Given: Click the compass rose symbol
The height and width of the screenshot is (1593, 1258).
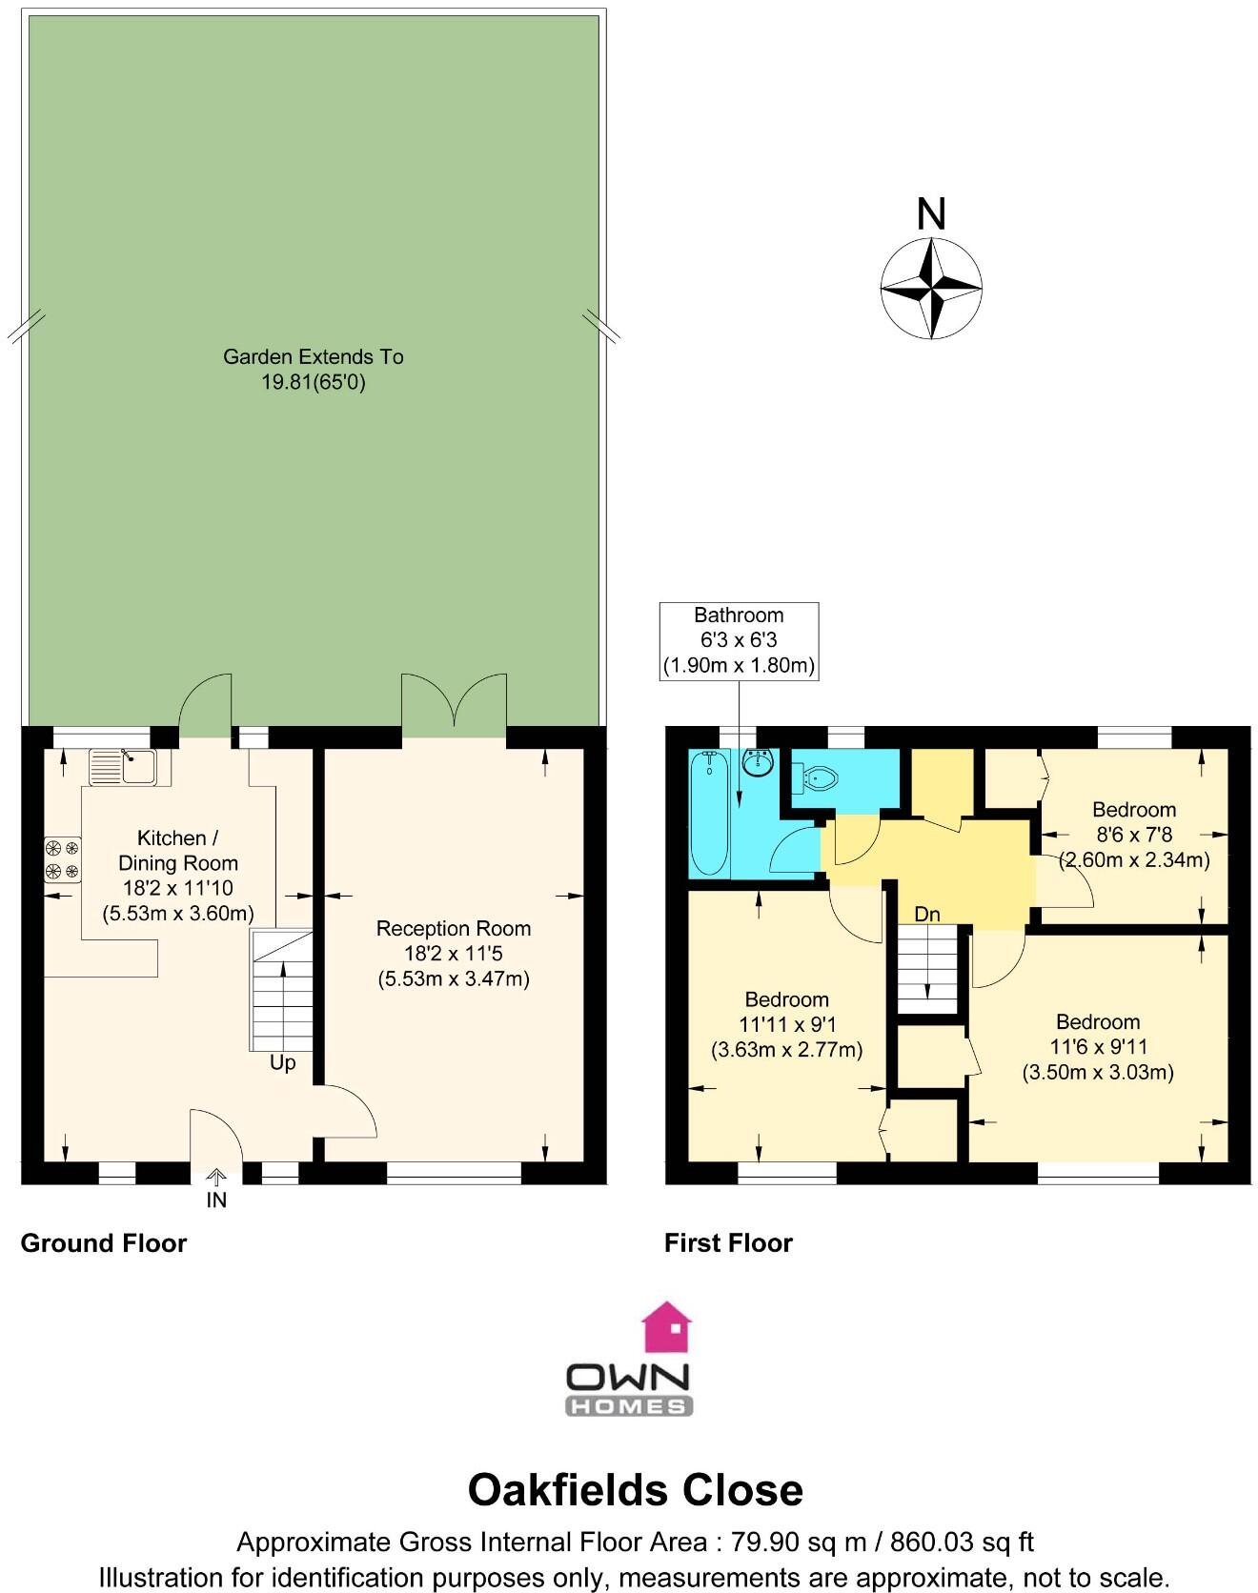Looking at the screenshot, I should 930,287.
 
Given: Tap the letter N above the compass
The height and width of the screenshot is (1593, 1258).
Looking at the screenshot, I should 930,215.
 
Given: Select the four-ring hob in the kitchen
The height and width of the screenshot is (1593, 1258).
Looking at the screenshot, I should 62,858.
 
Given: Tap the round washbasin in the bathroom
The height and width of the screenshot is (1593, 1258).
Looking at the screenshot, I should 759,762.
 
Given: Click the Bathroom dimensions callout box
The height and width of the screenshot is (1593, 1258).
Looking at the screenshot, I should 739,640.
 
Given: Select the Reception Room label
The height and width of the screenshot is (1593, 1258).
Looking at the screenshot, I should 453,929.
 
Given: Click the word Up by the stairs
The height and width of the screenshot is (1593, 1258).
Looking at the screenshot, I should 283,1063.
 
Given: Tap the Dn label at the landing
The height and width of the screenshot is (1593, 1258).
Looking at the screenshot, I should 926,915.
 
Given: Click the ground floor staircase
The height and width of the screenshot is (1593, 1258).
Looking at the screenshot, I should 282,990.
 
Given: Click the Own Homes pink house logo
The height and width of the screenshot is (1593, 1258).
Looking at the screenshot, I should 666,1328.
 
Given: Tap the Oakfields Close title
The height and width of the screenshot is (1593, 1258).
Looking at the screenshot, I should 635,1490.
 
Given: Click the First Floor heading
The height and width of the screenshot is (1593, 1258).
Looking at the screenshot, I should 728,1243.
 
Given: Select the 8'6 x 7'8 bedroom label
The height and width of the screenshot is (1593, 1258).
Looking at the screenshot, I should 1133,835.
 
